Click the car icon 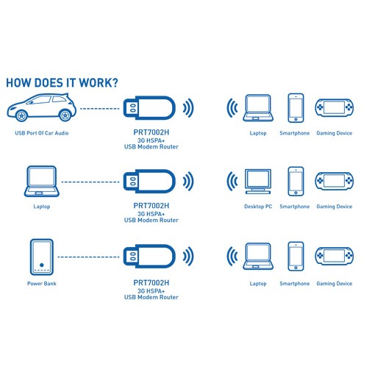pyautogui.click(x=41, y=107)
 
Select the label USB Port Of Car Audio pyautogui.click(x=42, y=133)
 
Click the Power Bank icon pyautogui.click(x=42, y=257)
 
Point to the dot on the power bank pyautogui.click(x=42, y=265)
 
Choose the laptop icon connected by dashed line pyautogui.click(x=42, y=182)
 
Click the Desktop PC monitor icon pyautogui.click(x=258, y=182)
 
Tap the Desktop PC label pyautogui.click(x=258, y=207)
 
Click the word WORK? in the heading pyautogui.click(x=99, y=83)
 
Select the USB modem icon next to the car pyautogui.click(x=149, y=108)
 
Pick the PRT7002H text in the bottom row pyautogui.click(x=151, y=283)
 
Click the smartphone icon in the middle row pyautogui.click(x=296, y=182)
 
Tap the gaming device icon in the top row pyautogui.click(x=335, y=107)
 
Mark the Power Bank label pyautogui.click(x=42, y=284)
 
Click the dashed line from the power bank pyautogui.click(x=88, y=257)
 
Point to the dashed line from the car pyautogui.click(x=100, y=108)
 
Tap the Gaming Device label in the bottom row pyautogui.click(x=335, y=284)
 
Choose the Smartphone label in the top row pyautogui.click(x=295, y=133)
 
